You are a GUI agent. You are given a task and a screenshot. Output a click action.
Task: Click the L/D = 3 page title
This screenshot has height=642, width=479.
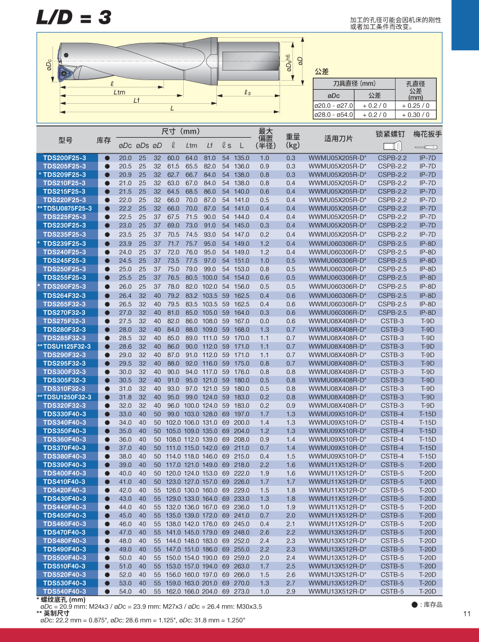(74, 17)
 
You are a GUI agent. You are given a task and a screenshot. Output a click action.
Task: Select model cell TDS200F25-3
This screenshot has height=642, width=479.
(65, 158)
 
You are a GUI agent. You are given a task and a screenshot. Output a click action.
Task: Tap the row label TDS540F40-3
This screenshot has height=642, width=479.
(65, 591)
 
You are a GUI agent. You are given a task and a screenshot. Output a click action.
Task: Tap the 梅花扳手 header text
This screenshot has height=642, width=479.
(428, 134)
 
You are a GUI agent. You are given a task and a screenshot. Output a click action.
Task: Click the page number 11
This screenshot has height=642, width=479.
(466, 614)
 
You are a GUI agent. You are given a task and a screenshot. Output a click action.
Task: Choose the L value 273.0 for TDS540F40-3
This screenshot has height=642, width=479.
(241, 591)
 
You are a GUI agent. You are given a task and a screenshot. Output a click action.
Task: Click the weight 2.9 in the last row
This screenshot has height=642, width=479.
(291, 591)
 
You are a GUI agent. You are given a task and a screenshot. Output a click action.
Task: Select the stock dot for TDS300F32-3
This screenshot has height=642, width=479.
(107, 372)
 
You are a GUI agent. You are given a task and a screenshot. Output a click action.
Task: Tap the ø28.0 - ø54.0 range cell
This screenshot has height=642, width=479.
(334, 115)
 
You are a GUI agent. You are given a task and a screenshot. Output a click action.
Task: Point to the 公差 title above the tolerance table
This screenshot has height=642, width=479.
(321, 72)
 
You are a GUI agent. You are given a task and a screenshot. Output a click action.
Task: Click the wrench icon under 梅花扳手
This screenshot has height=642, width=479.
(427, 146)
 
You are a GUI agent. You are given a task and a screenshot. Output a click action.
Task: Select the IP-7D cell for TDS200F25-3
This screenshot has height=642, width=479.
(428, 158)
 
